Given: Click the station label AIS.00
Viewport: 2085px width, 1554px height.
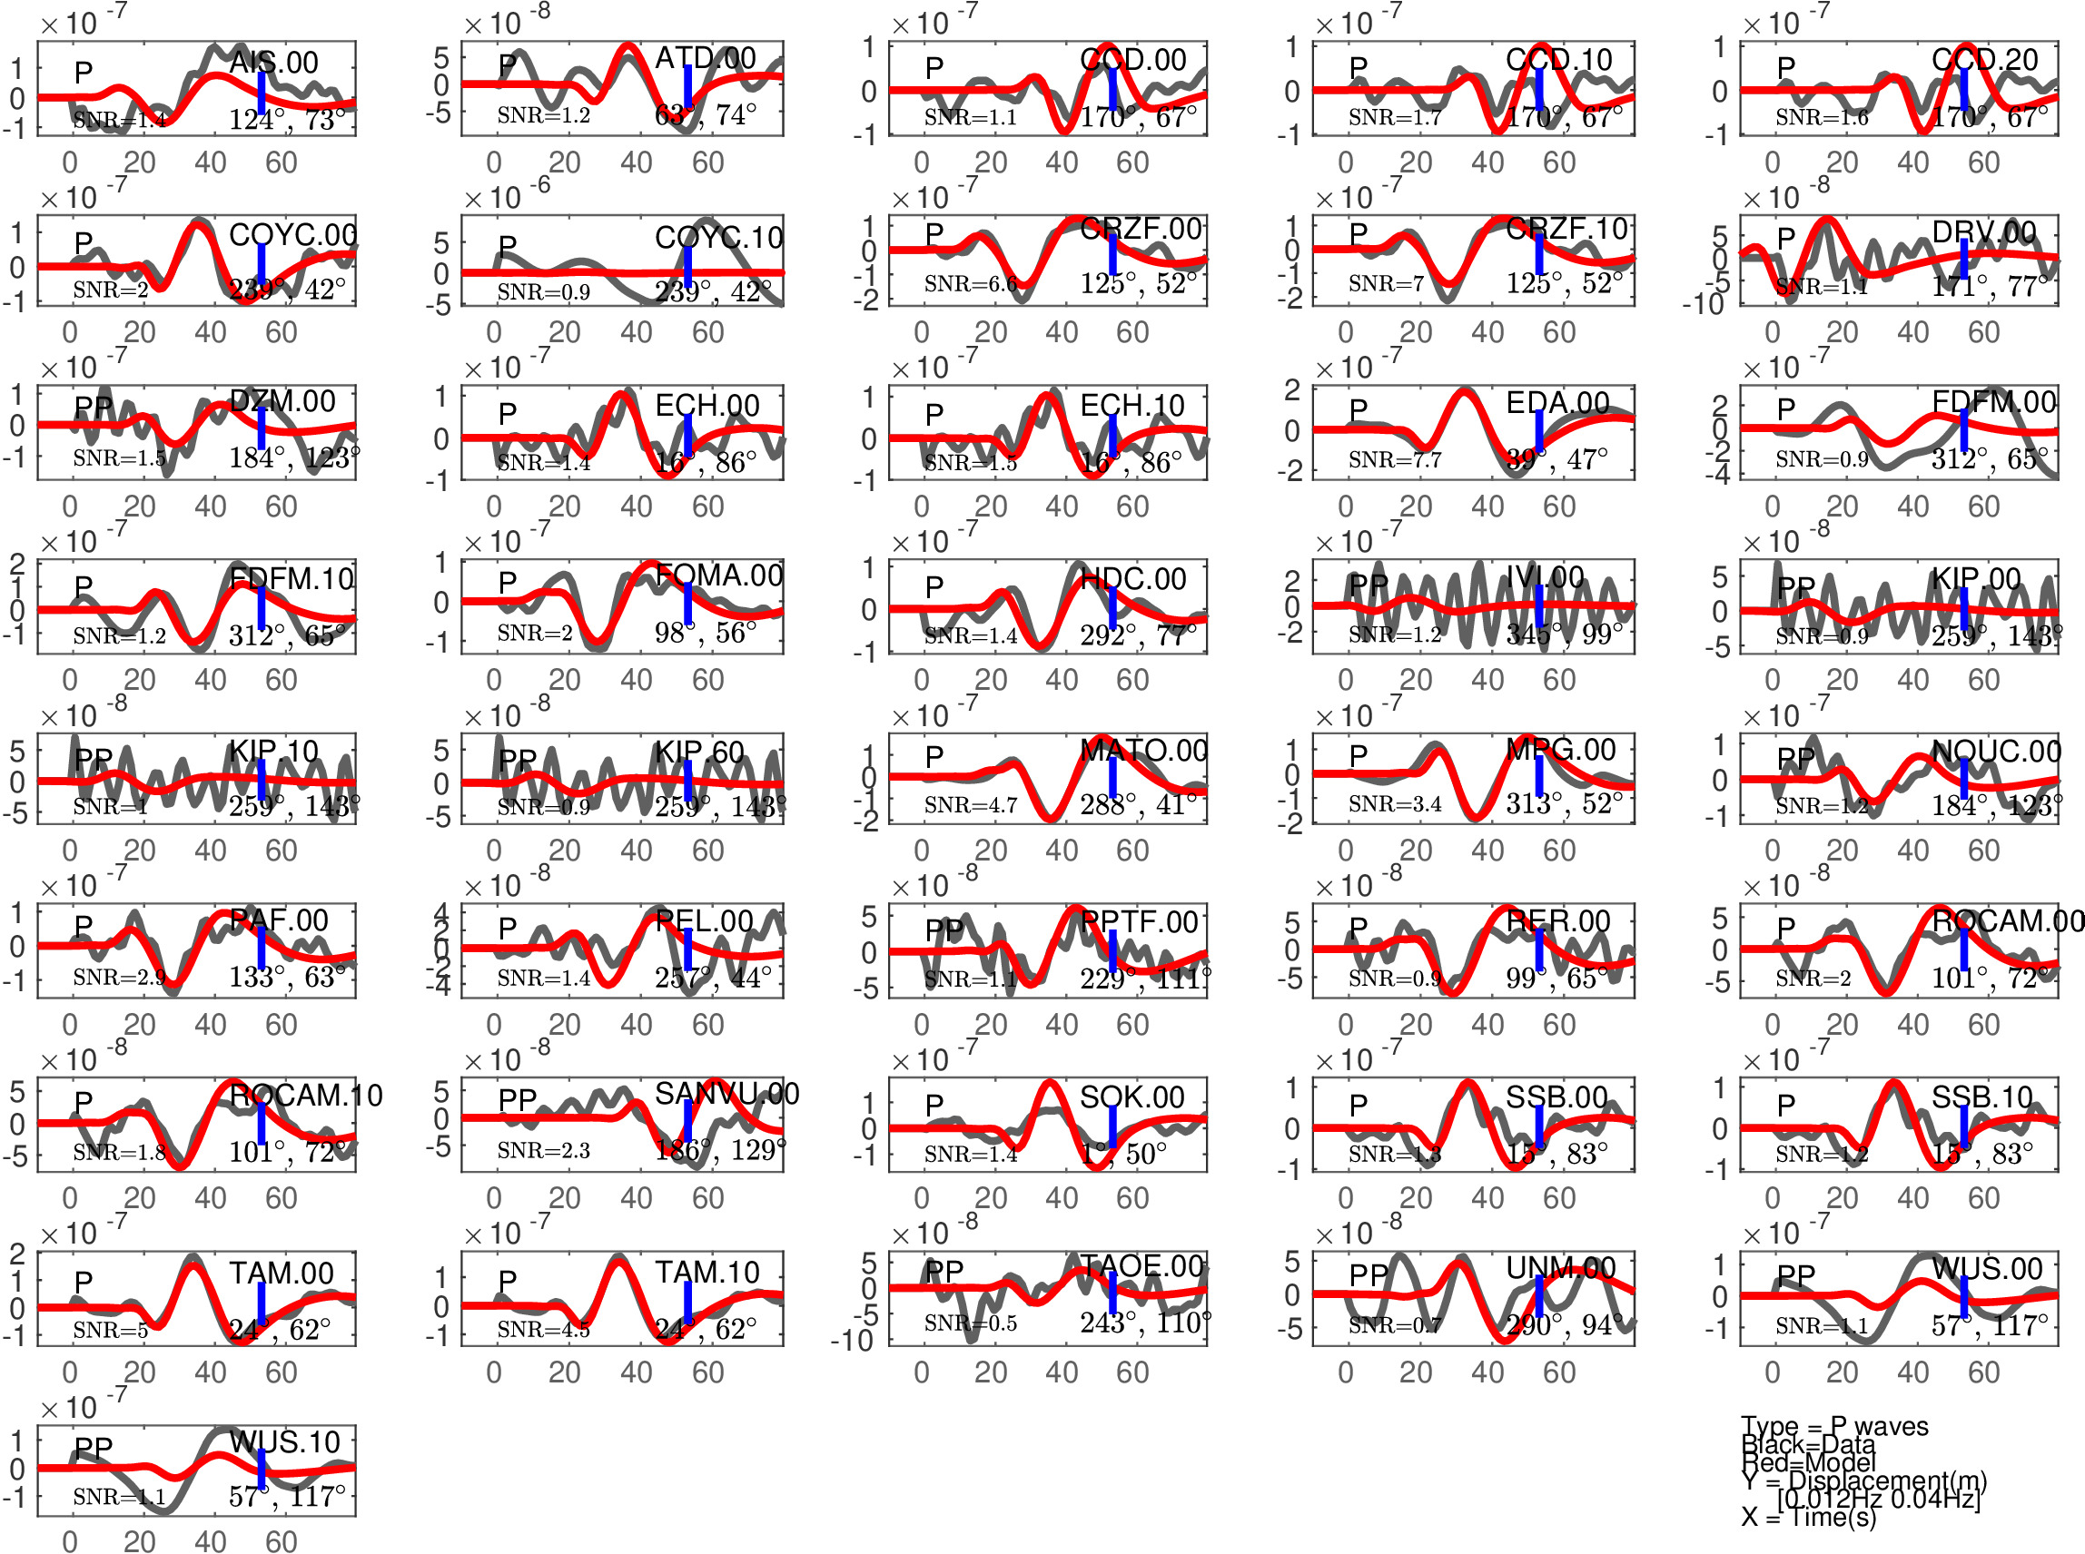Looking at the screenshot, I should tap(274, 62).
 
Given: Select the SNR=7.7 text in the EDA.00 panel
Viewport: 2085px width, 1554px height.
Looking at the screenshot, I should tap(1395, 459).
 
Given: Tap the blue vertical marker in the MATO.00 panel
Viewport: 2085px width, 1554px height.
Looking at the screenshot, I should tap(1112, 776).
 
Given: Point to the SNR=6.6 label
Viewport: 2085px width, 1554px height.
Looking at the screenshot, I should tap(970, 283).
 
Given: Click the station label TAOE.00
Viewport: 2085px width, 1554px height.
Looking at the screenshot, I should tap(1142, 1266).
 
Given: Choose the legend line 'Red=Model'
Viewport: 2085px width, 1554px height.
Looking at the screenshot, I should tap(1807, 1461).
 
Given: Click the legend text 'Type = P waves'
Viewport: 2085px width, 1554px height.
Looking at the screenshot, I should tap(1833, 1426).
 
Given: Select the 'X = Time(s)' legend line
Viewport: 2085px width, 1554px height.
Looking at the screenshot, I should tap(1807, 1517).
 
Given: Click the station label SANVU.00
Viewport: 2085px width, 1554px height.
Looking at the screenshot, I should tap(726, 1093).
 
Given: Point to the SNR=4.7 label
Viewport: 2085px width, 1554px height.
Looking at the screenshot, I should tap(970, 804).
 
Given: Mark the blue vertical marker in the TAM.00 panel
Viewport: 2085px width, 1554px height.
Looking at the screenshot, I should tap(262, 1303).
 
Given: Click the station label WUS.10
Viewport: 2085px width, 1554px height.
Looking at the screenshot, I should tap(284, 1442).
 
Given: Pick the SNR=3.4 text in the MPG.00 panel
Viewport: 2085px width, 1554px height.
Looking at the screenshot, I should tap(1395, 803).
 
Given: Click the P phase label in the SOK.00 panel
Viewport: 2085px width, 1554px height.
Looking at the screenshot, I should tap(934, 1106).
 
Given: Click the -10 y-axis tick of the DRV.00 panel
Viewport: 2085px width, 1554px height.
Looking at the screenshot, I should tap(1703, 303).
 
